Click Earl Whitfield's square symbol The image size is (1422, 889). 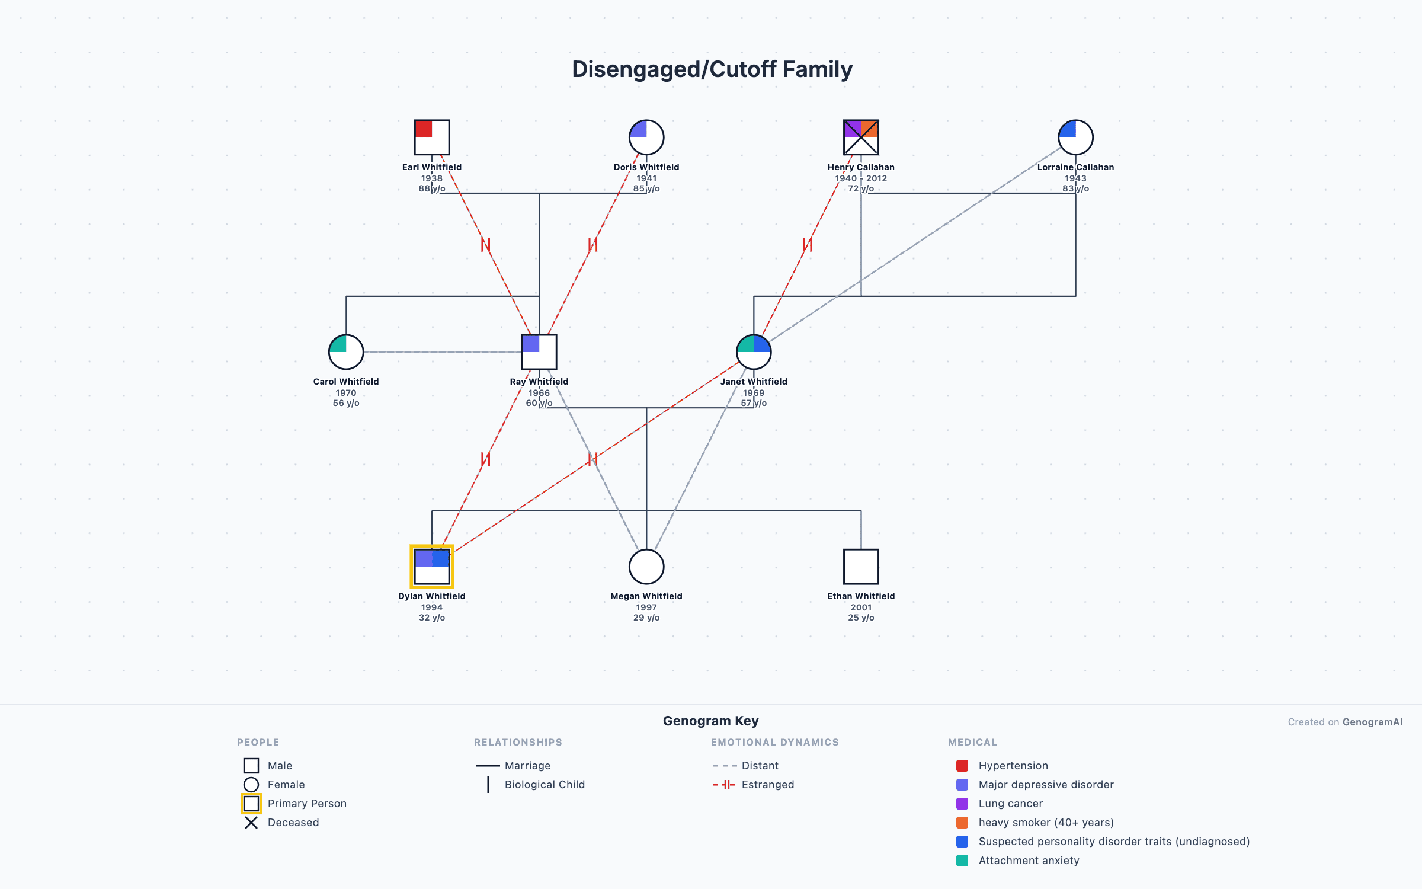[x=431, y=137]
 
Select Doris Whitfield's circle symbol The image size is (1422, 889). [x=646, y=137]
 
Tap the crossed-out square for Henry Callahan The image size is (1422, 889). [x=860, y=137]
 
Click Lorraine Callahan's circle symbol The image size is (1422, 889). [x=1075, y=137]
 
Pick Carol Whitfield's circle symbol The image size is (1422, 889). [x=346, y=352]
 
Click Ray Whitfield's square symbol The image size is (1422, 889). [x=539, y=352]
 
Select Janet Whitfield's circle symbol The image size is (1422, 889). [x=753, y=352]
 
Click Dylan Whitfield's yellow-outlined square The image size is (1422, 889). [x=431, y=567]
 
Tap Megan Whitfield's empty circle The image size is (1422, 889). [x=646, y=567]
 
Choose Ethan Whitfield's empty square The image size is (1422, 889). [x=860, y=567]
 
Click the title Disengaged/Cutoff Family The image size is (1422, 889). [x=712, y=69]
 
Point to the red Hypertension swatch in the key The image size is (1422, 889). [x=962, y=766]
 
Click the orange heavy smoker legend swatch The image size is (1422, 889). [x=962, y=823]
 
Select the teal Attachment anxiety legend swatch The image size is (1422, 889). [x=962, y=861]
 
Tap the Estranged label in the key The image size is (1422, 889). [x=767, y=785]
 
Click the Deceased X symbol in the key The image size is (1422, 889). [x=251, y=823]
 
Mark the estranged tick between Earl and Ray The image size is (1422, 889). [x=485, y=245]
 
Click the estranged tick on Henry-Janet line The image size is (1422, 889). [x=807, y=245]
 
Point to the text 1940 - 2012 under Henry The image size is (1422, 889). [x=860, y=178]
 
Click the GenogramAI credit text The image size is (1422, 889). [x=1372, y=722]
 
